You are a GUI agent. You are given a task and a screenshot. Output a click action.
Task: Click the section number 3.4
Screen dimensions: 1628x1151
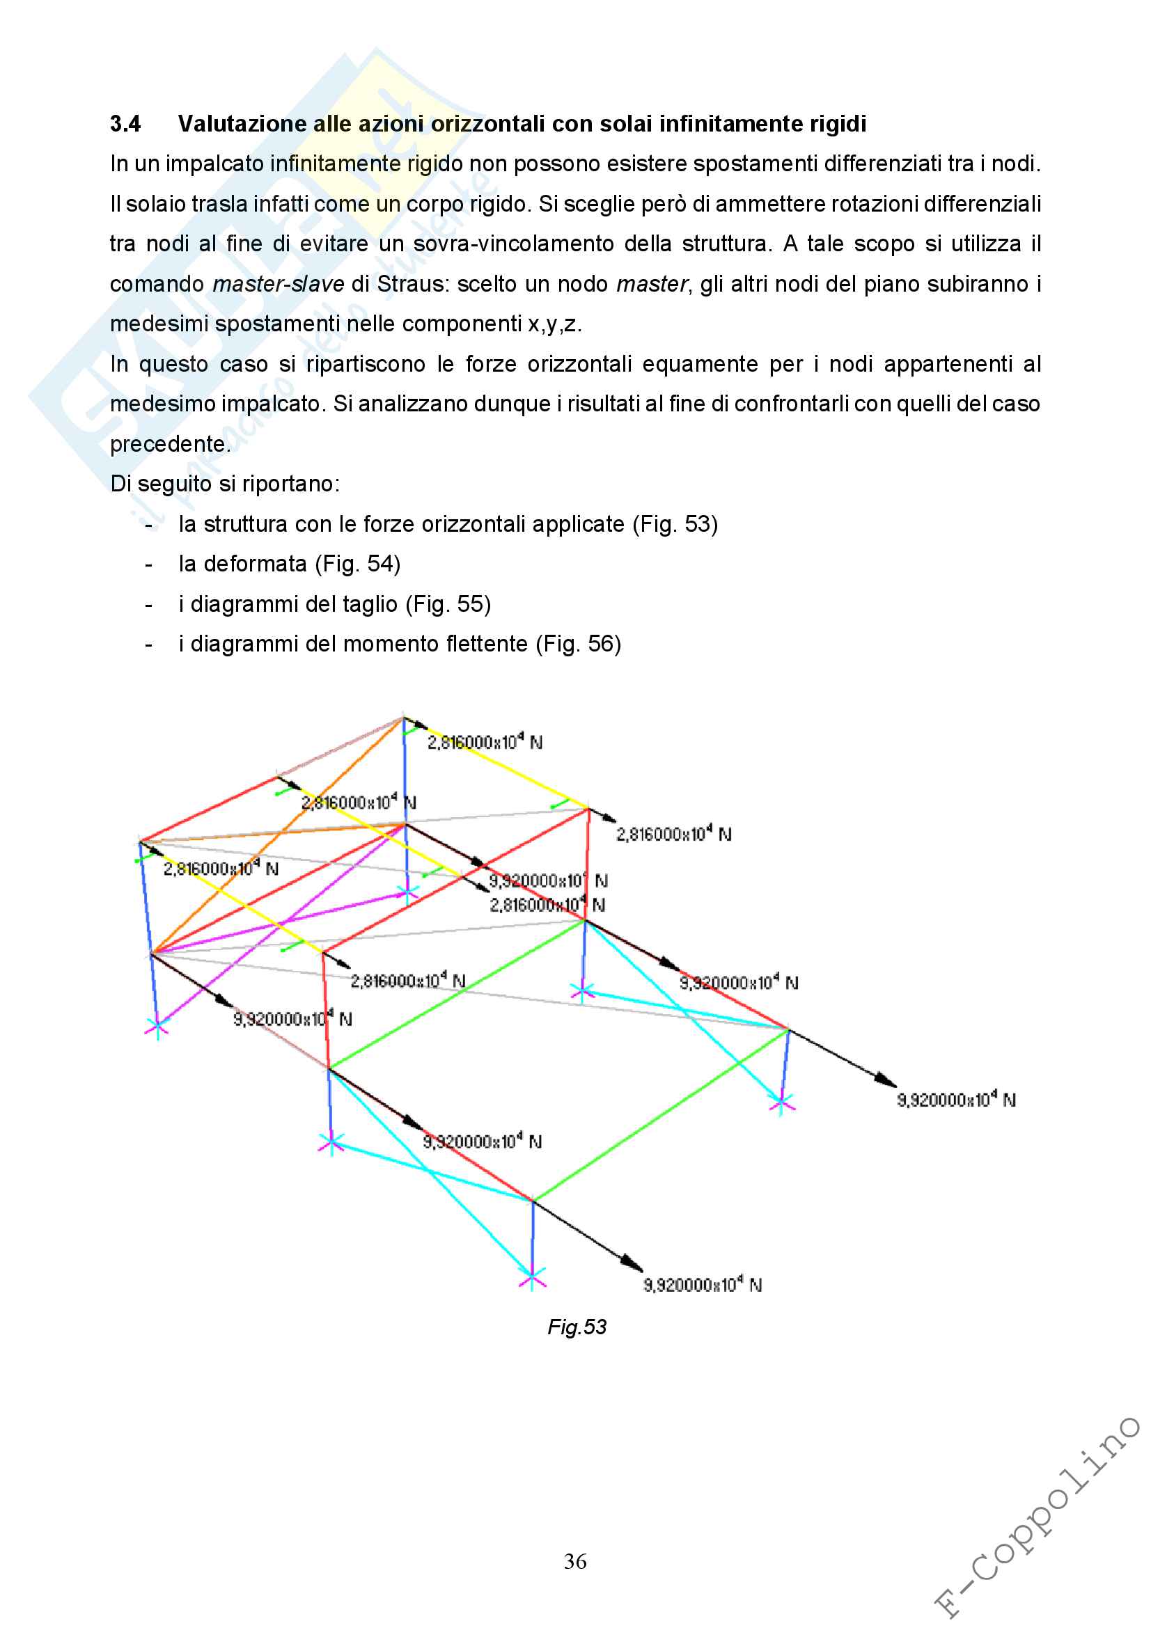(x=125, y=124)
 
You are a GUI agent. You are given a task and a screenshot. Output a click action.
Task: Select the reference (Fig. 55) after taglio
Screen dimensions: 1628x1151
(x=448, y=604)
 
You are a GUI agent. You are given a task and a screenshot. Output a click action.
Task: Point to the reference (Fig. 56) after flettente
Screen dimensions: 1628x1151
(x=578, y=644)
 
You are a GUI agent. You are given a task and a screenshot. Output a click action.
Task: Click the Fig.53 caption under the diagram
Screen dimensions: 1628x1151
(x=577, y=1327)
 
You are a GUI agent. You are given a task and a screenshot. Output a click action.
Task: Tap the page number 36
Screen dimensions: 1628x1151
(x=575, y=1561)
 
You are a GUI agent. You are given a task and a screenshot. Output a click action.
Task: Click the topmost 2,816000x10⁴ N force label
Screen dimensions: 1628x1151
(x=485, y=742)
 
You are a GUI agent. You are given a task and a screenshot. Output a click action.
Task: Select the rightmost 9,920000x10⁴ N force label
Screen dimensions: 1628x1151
(x=956, y=1100)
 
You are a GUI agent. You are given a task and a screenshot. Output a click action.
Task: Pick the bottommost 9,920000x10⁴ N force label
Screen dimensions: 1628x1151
(x=702, y=1285)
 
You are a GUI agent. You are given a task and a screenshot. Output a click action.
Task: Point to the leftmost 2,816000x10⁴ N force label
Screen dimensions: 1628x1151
(x=221, y=869)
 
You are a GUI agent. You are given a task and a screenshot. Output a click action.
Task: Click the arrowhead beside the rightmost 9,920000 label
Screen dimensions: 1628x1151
(x=886, y=1081)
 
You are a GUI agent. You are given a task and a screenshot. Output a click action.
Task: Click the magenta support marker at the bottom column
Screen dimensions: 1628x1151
(x=532, y=1278)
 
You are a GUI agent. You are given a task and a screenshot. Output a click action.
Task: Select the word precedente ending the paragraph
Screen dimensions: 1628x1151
(x=169, y=445)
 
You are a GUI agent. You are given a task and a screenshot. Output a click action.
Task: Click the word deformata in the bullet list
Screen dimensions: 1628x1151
(x=255, y=564)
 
